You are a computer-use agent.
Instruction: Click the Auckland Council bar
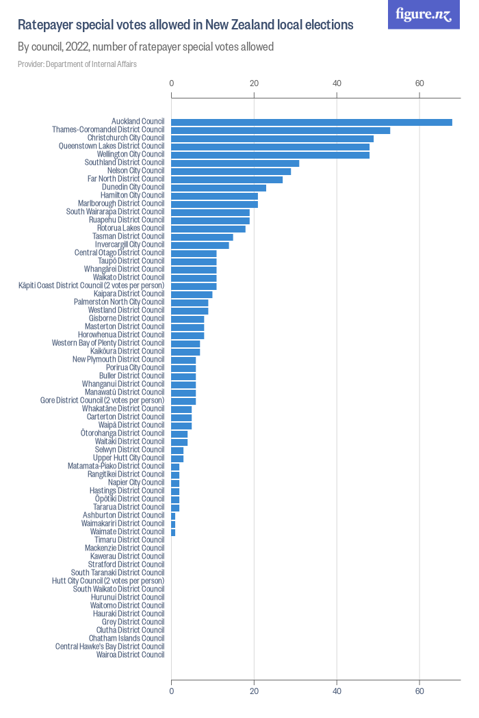(311, 122)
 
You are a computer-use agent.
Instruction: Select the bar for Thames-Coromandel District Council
(281, 131)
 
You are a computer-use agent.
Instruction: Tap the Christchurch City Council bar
(272, 139)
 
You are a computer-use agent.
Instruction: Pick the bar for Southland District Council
(235, 163)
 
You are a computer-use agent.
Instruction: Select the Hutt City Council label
(108, 581)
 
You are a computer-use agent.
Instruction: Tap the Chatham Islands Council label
(127, 639)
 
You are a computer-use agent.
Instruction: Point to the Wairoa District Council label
(131, 655)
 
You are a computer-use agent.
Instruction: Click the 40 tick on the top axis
(337, 83)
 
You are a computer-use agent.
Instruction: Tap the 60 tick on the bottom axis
(419, 691)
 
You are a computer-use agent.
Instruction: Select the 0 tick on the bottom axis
(172, 691)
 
